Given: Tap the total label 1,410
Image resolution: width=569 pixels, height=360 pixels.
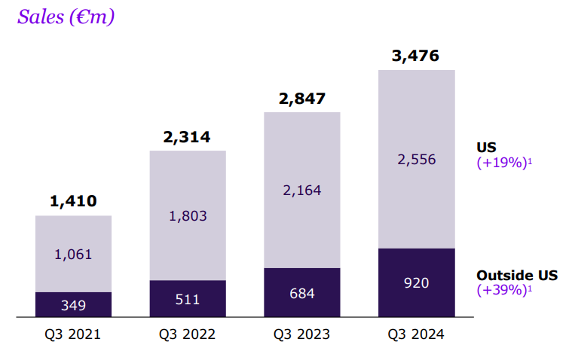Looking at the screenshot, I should pyautogui.click(x=73, y=201).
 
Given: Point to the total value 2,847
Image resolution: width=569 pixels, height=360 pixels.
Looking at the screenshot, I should pyautogui.click(x=301, y=98).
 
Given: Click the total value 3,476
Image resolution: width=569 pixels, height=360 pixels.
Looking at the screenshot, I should pyautogui.click(x=415, y=56).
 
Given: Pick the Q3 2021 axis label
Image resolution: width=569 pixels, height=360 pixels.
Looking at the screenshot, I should pyautogui.click(x=73, y=334).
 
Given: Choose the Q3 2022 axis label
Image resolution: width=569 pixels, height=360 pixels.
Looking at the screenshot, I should pyautogui.click(x=187, y=334).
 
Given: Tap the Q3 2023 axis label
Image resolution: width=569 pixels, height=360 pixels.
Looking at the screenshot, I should pyautogui.click(x=301, y=334).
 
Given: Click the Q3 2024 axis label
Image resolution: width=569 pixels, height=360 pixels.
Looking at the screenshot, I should pyautogui.click(x=416, y=334).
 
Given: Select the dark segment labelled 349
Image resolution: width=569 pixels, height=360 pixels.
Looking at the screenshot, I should pyautogui.click(x=73, y=304).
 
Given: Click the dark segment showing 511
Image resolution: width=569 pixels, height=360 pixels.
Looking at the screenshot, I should pyautogui.click(x=187, y=298).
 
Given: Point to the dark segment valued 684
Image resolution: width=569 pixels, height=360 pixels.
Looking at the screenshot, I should pyautogui.click(x=301, y=292).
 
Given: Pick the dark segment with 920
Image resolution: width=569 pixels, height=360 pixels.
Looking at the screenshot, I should pyautogui.click(x=416, y=282).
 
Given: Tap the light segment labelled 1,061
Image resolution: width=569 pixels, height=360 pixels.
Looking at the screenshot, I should pyautogui.click(x=73, y=254).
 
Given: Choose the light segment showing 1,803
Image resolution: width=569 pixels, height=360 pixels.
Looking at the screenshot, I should pyautogui.click(x=187, y=215).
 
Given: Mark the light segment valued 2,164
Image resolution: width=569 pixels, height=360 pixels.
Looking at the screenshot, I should pyautogui.click(x=301, y=190).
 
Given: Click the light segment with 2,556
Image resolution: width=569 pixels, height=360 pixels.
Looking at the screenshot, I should pyautogui.click(x=416, y=159).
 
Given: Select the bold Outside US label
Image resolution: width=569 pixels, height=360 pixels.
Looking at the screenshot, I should pyautogui.click(x=517, y=275).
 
